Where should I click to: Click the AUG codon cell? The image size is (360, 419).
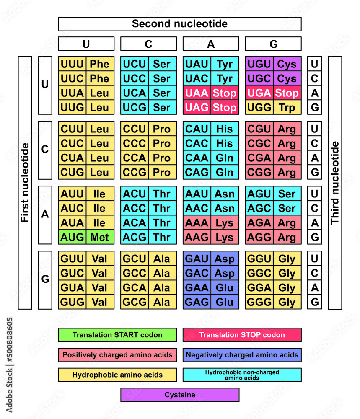coord(72,237)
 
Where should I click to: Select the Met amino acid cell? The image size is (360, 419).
coord(100,237)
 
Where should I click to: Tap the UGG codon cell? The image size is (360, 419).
coord(259,107)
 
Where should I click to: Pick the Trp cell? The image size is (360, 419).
coord(287,107)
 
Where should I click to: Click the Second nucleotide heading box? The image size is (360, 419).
coord(179,24)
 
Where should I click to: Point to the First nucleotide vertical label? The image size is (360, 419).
coord(25,183)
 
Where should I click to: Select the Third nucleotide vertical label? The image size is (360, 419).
coord(335,183)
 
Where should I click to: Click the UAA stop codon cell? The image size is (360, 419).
coord(197,93)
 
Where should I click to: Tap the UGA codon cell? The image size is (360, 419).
coord(259,93)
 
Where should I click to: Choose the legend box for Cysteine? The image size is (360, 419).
coord(179,395)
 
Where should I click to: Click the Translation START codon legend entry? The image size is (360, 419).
coord(117,335)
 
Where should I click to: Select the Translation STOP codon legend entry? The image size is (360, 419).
coord(242,335)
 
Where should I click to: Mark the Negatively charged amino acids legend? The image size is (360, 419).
coord(242,354)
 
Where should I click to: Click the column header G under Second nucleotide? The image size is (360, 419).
coord(273,44)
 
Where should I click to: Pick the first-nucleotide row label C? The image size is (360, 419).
coord(45,150)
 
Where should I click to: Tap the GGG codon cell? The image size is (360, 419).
coord(259,302)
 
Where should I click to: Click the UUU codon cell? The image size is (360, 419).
coord(72,64)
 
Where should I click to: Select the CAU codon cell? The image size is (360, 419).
coord(197,129)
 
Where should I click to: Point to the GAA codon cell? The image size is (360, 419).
coord(197,288)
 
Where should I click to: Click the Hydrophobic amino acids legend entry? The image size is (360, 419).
coord(117,375)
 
